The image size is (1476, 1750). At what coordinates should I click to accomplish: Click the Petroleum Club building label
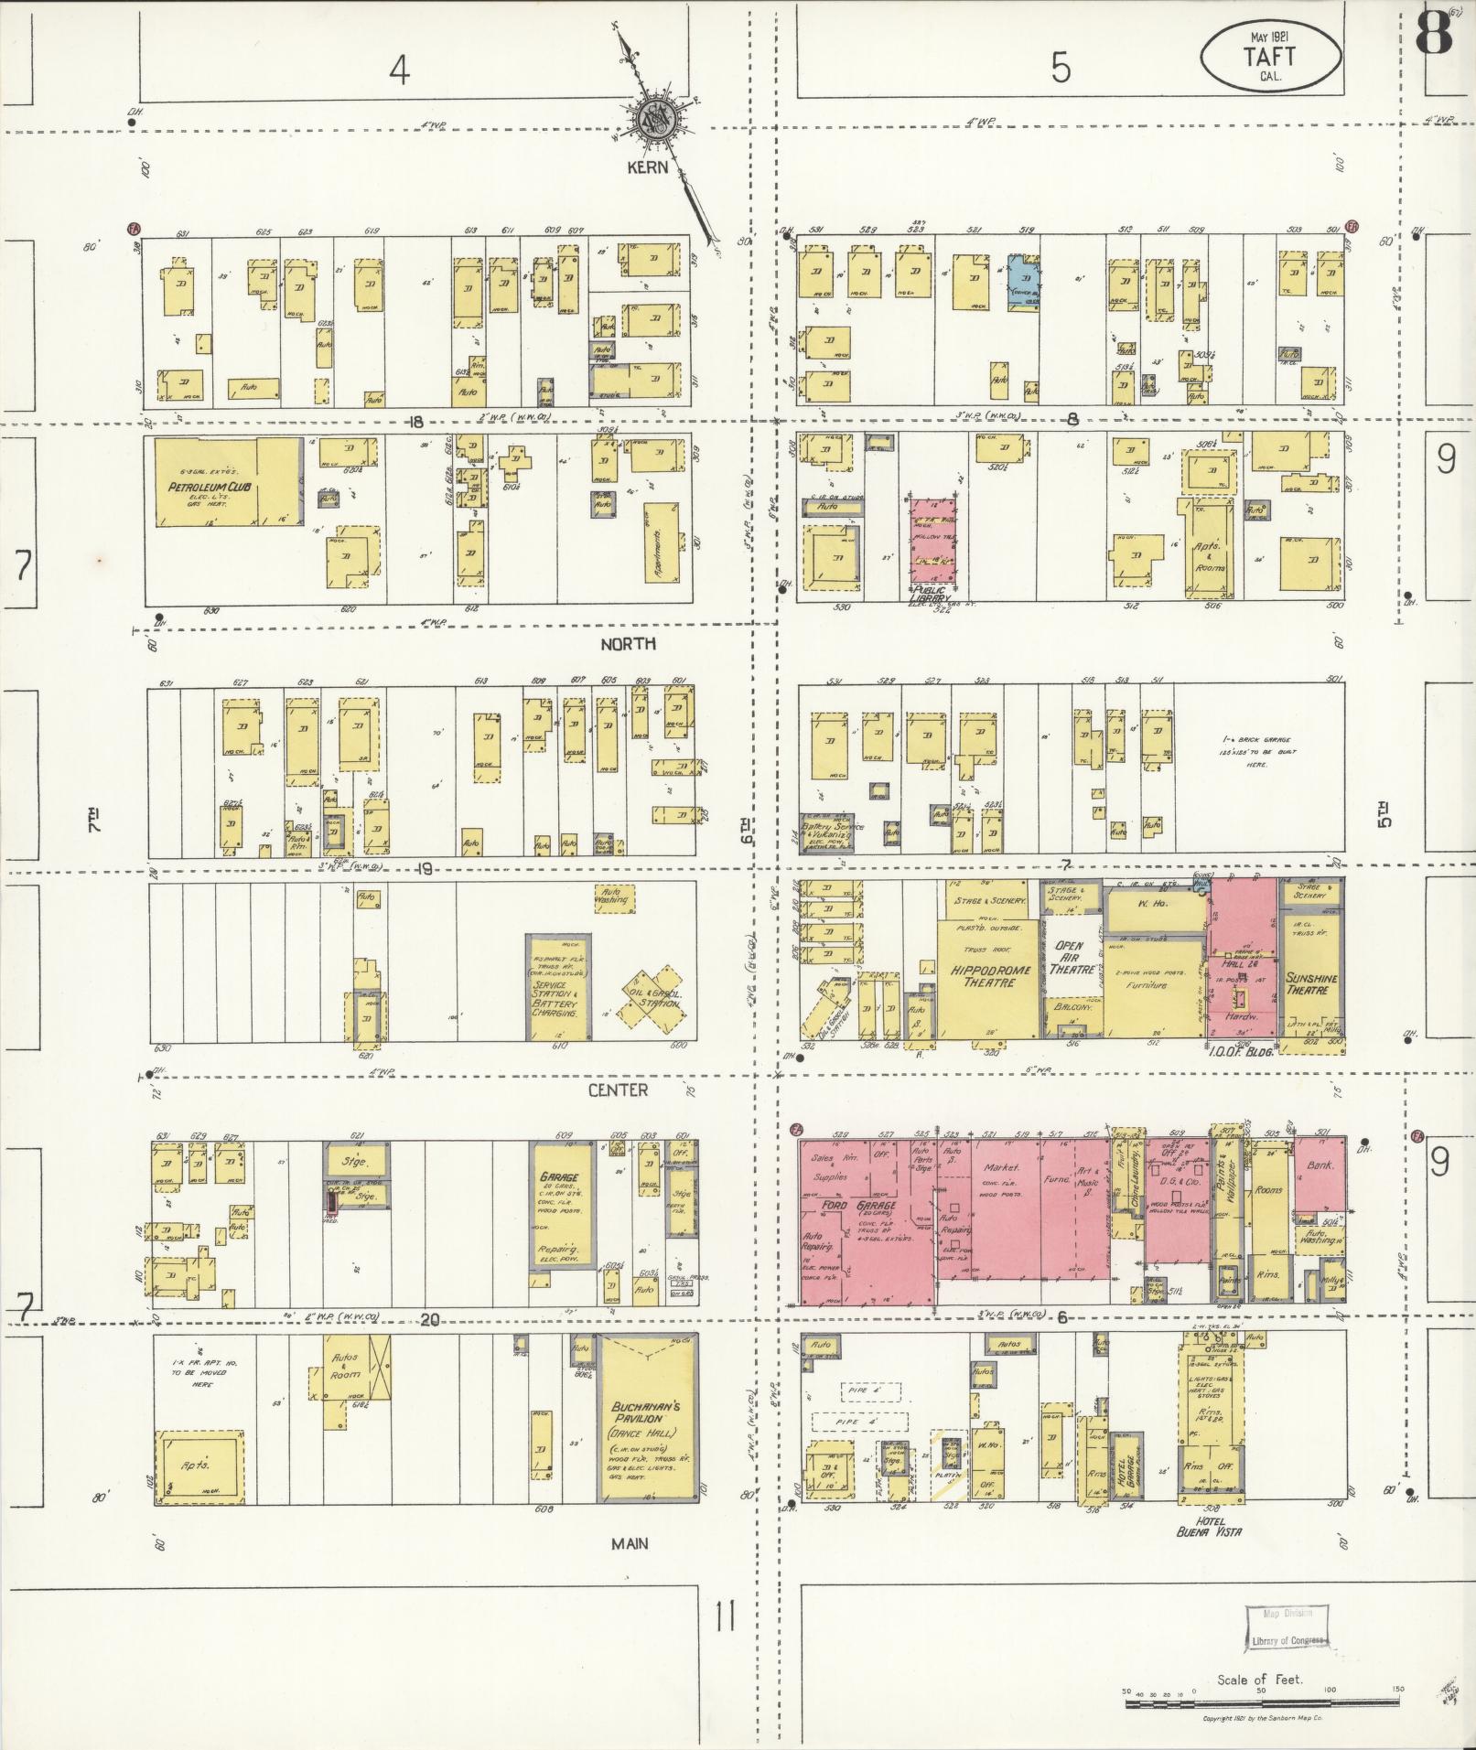(x=210, y=488)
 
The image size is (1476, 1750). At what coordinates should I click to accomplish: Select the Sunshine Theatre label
(x=1311, y=983)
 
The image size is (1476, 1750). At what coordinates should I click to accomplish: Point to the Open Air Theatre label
(x=1069, y=958)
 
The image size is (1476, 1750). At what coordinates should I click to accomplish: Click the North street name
(x=628, y=644)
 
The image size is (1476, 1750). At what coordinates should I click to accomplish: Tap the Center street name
(x=618, y=1090)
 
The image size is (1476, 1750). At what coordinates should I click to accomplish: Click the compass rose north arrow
(x=656, y=113)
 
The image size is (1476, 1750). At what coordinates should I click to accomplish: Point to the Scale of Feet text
(x=1259, y=1680)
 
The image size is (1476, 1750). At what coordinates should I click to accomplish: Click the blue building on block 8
(x=1025, y=282)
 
